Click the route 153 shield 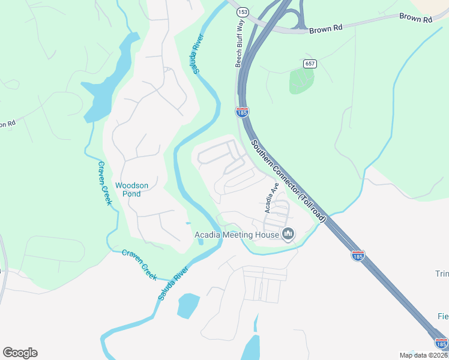pyautogui.click(x=243, y=12)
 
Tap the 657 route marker pyautogui.click(x=310, y=64)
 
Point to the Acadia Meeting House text pyautogui.click(x=237, y=234)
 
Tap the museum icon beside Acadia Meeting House pyautogui.click(x=288, y=233)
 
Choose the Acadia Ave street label pyautogui.click(x=271, y=198)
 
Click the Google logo pyautogui.click(x=20, y=353)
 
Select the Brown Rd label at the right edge pyautogui.click(x=416, y=19)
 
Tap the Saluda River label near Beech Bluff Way pyautogui.click(x=197, y=53)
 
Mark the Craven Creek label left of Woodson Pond pyautogui.click(x=105, y=183)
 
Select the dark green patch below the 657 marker pyautogui.click(x=301, y=81)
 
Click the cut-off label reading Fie pyautogui.click(x=443, y=316)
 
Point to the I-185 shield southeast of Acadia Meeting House pyautogui.click(x=358, y=256)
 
